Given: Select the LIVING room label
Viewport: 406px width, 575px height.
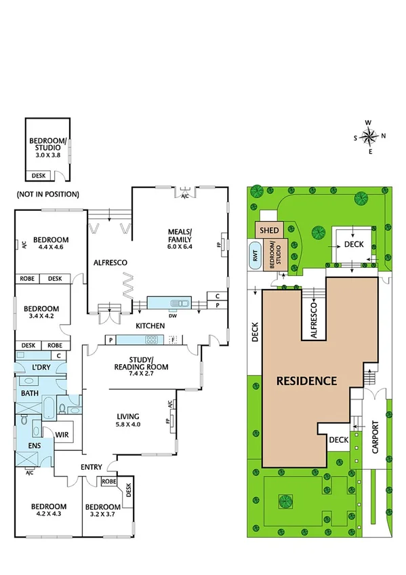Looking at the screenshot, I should pos(127,416).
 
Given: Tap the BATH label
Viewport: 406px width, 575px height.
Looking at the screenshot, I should pos(29,393).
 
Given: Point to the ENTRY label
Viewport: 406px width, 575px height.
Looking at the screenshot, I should pos(92,467).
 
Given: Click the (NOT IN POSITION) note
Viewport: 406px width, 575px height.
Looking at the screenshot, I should pos(47,194).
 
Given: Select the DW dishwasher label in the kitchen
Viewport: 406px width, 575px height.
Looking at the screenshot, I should pos(173,315).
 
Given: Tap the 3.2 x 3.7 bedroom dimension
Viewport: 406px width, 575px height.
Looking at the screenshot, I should pos(101,515).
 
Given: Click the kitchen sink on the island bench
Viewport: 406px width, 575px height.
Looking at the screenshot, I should pos(178,302).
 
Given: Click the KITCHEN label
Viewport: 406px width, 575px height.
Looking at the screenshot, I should pos(150,326).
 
